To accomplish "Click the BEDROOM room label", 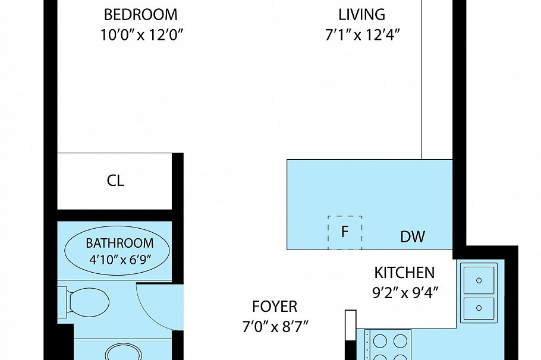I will click(x=140, y=14).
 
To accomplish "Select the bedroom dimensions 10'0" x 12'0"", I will click(x=140, y=34).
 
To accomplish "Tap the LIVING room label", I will click(x=361, y=14).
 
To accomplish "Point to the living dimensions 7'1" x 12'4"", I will click(x=361, y=34).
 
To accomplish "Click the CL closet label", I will click(x=115, y=181).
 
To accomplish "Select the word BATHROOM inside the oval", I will click(x=119, y=243).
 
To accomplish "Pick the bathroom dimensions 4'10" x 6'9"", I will click(x=119, y=260).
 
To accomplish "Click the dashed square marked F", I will click(x=345, y=232).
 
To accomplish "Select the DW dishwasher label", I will click(x=413, y=237).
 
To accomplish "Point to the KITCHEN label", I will click(x=404, y=273).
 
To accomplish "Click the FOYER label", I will click(x=274, y=307).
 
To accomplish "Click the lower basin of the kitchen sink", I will click(x=479, y=307).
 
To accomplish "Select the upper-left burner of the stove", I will click(x=380, y=341).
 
